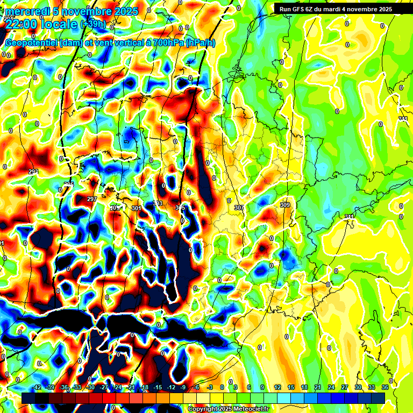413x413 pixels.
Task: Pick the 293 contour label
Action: coord(33,172)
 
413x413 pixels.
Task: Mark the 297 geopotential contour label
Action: coord(91,199)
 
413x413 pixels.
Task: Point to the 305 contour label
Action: coord(180,208)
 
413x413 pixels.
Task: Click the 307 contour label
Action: coord(239,208)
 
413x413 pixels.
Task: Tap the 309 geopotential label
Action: coord(285,205)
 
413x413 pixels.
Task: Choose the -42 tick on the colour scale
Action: coord(37,388)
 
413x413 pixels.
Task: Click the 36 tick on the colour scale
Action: coord(385,388)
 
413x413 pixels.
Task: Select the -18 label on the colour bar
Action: coord(144,388)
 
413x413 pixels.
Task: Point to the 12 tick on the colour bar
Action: coord(277,388)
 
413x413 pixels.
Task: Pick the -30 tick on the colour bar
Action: coord(90,388)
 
